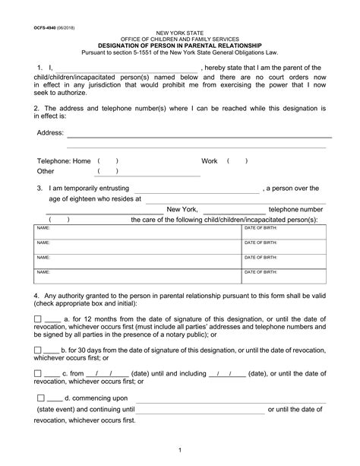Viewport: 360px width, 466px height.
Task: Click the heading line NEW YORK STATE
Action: pos(179,35)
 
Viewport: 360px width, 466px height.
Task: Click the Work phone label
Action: pos(210,161)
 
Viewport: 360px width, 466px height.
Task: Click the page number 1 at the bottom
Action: pos(180,452)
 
